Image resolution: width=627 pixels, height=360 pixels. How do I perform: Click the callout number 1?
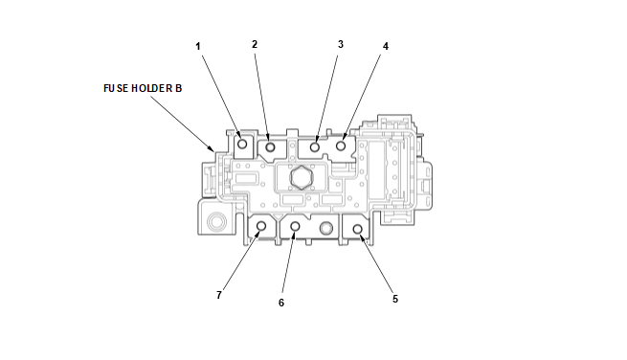[x=197, y=46]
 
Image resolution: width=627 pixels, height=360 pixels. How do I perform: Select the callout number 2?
[x=255, y=44]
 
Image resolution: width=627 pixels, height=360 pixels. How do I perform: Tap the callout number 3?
[x=340, y=44]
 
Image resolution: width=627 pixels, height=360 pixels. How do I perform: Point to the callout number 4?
[x=386, y=46]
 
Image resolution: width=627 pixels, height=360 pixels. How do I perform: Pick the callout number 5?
[x=395, y=299]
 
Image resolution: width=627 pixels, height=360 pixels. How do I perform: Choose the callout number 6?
[x=281, y=303]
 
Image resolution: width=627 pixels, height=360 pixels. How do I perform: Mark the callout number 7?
[x=218, y=295]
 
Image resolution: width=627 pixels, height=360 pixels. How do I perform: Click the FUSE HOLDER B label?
[x=143, y=88]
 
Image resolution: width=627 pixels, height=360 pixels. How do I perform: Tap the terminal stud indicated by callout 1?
[x=242, y=144]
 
